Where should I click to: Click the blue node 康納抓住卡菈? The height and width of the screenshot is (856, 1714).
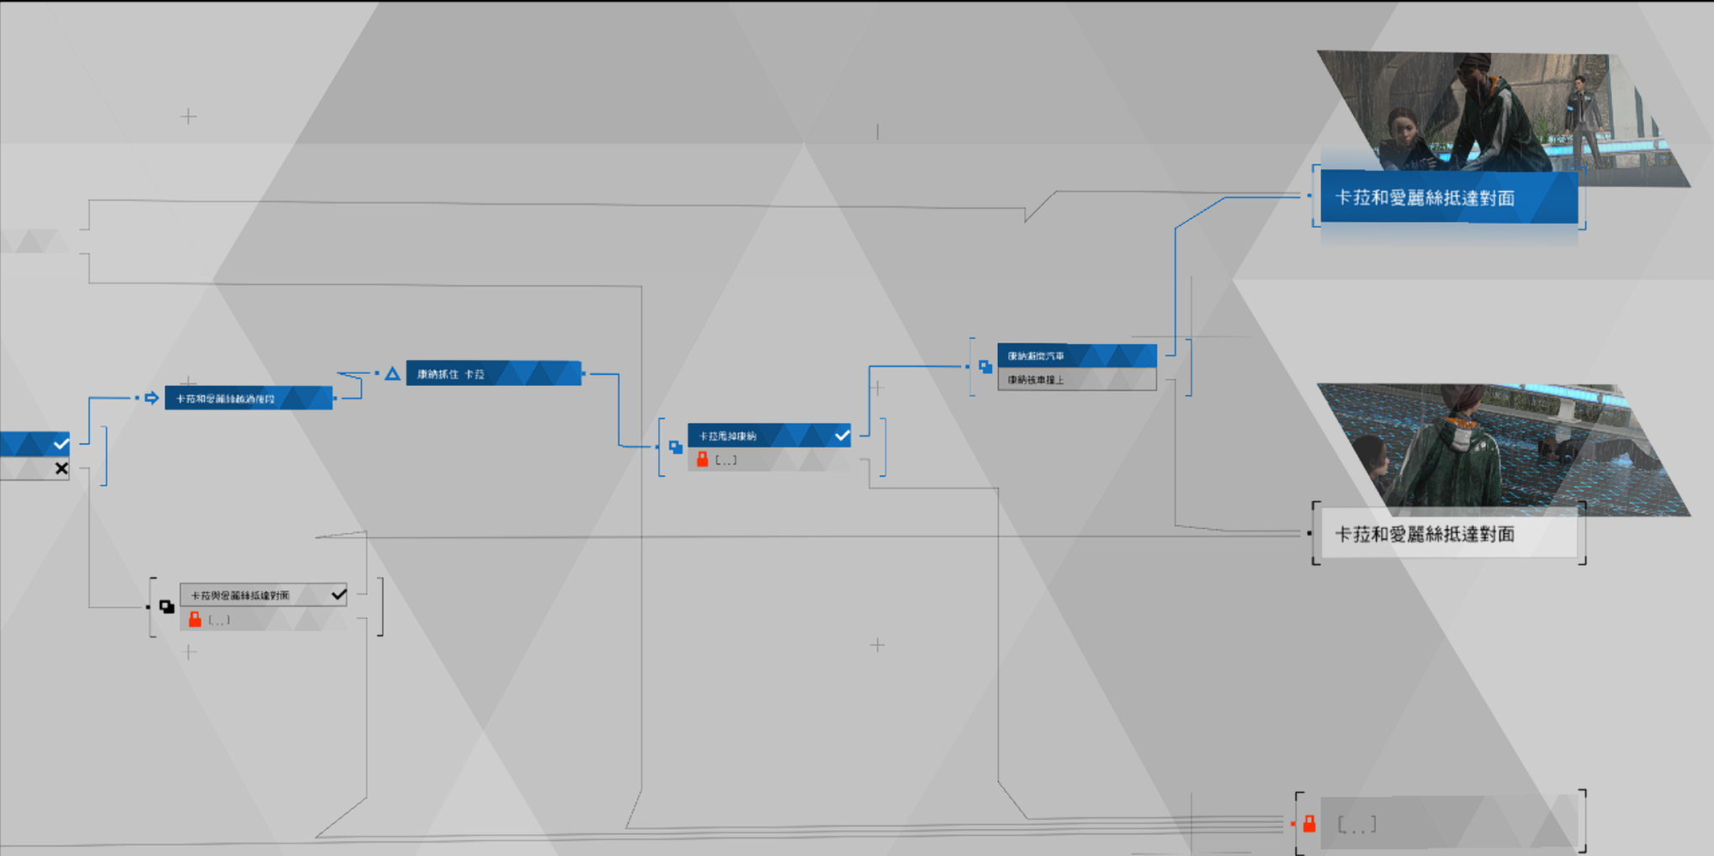(x=493, y=373)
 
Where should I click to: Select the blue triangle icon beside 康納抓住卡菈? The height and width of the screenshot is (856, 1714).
(x=392, y=373)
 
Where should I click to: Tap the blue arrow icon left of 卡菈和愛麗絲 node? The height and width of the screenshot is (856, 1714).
(x=151, y=398)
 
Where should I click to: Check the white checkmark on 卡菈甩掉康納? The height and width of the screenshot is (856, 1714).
(x=841, y=436)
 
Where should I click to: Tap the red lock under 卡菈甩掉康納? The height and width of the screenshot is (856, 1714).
(x=703, y=460)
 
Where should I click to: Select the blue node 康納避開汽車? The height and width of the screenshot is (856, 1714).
(x=1076, y=356)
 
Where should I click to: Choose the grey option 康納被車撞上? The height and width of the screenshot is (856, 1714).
(x=1076, y=380)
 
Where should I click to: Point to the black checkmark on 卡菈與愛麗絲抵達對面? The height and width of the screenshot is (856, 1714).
(x=338, y=594)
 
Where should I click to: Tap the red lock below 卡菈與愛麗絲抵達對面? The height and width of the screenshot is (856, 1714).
(x=195, y=620)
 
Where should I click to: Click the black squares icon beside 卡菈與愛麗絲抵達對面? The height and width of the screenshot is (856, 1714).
(x=167, y=606)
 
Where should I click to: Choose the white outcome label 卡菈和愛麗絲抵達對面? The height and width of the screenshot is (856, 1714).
(x=1448, y=534)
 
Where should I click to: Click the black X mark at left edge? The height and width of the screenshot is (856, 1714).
(x=61, y=468)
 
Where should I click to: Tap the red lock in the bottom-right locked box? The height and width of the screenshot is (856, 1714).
(x=1309, y=824)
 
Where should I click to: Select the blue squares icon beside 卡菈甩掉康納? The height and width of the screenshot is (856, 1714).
(x=676, y=446)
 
